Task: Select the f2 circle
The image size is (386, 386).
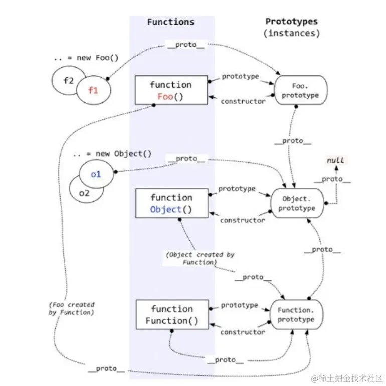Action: [68, 80]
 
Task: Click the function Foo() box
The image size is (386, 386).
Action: [171, 90]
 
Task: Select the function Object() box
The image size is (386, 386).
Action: [171, 203]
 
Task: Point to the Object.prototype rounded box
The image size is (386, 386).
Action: [298, 203]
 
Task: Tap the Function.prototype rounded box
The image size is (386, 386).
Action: [296, 315]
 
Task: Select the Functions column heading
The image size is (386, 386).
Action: [170, 22]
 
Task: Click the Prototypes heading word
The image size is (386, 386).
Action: [291, 21]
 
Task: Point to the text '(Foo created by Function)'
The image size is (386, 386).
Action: [72, 308]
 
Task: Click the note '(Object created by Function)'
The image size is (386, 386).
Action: [201, 258]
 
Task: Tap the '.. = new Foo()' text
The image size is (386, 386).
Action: [86, 58]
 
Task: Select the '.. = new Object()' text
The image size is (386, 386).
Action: [112, 154]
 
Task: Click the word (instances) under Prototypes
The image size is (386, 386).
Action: [291, 33]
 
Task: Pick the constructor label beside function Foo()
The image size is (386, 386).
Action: [243, 101]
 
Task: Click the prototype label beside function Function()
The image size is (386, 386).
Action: [240, 305]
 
